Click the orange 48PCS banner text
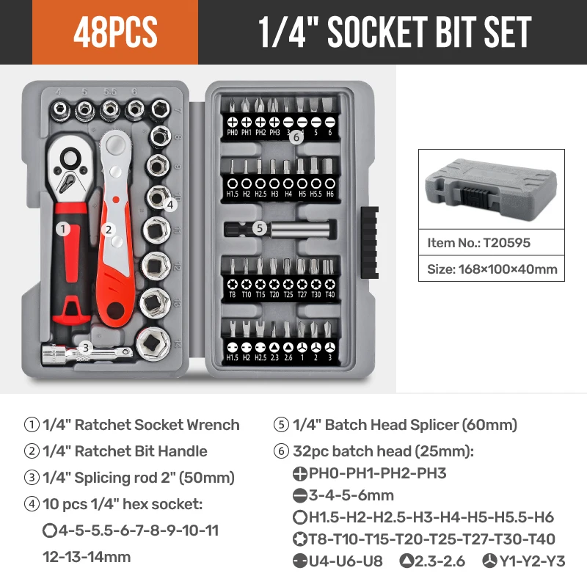[x=115, y=32]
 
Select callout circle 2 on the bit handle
[x=109, y=230]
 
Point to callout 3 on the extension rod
[x=86, y=348]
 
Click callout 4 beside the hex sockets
[x=169, y=205]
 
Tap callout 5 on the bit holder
[x=259, y=228]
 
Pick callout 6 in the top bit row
[x=296, y=136]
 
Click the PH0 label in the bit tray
[x=233, y=133]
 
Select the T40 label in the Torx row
[x=330, y=295]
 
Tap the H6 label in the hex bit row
[x=330, y=194]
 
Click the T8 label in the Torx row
[x=233, y=295]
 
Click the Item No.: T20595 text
[x=478, y=242]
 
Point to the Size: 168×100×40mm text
[x=492, y=269]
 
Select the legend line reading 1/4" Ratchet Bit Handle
[x=125, y=451]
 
